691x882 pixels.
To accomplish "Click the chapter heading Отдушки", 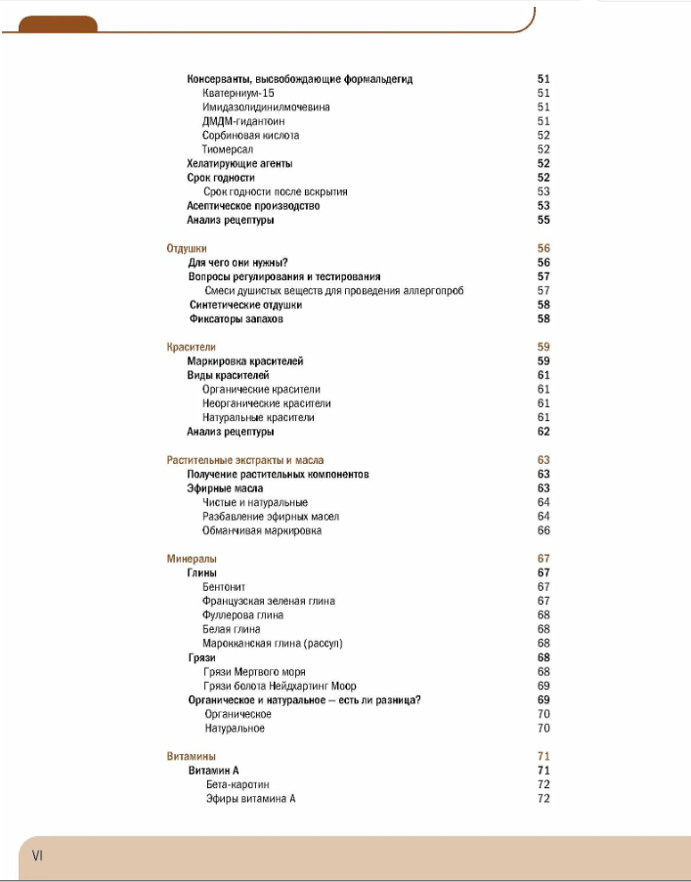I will (186, 248).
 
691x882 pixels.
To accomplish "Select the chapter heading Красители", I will (191, 347).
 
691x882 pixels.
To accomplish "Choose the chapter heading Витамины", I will (192, 756).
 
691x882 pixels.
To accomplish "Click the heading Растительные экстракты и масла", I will (245, 460).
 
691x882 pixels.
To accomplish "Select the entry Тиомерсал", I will (228, 149).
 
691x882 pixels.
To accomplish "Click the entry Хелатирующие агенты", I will (239, 163).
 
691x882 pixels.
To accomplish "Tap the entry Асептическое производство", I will (253, 206).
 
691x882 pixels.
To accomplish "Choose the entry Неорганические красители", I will (267, 403).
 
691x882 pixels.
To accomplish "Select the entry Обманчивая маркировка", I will (262, 530).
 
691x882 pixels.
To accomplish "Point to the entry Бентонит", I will (224, 587).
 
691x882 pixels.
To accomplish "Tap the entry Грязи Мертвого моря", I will (254, 672).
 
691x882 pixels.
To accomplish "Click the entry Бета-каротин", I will (238, 784).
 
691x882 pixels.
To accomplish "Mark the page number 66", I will (543, 530).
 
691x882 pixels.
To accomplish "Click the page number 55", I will (543, 220).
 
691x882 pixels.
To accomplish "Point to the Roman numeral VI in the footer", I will (37, 856).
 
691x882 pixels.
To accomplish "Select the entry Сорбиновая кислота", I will (250, 136).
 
